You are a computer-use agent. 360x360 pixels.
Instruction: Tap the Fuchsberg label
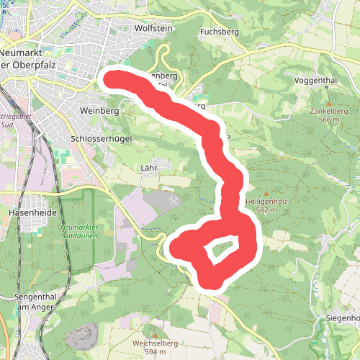(x=218, y=32)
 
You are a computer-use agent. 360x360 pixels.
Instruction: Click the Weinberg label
(x=99, y=112)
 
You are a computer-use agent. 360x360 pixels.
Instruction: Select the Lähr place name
(x=149, y=168)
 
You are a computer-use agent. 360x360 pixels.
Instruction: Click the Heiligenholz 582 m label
(x=266, y=206)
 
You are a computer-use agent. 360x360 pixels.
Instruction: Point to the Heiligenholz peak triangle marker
(x=267, y=194)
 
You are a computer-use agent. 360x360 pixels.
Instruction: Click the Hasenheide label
(x=27, y=213)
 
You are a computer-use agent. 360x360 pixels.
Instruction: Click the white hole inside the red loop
(x=220, y=252)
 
